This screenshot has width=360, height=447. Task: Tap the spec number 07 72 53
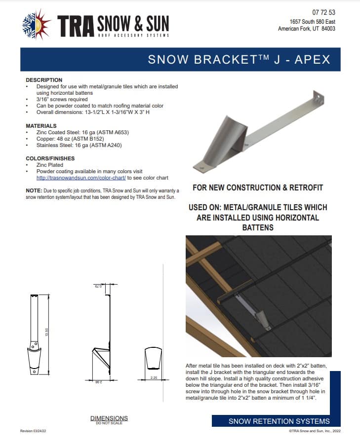pyautogui.click(x=323, y=12)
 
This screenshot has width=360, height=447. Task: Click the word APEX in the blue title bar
pyautogui.click(x=312, y=60)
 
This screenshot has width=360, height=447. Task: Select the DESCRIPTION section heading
pyautogui.click(x=44, y=80)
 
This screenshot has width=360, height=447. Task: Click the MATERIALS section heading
pyautogui.click(x=41, y=126)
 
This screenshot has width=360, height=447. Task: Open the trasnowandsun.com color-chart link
pyautogui.click(x=81, y=178)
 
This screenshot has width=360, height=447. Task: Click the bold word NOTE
pyautogui.click(x=33, y=190)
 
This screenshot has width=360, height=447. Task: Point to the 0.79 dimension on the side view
pyautogui.click(x=97, y=286)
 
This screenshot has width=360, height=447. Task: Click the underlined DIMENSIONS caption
pyautogui.click(x=109, y=418)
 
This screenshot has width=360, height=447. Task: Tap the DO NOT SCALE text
pyautogui.click(x=109, y=423)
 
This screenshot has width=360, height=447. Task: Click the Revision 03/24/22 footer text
pyautogui.click(x=33, y=431)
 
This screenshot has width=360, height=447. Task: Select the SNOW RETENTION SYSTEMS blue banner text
pyautogui.click(x=279, y=421)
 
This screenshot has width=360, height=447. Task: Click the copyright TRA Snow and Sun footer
pyautogui.click(x=314, y=431)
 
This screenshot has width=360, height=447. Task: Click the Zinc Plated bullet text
pyautogui.click(x=51, y=165)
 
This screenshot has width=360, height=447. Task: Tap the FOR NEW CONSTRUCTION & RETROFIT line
pyautogui.click(x=258, y=188)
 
